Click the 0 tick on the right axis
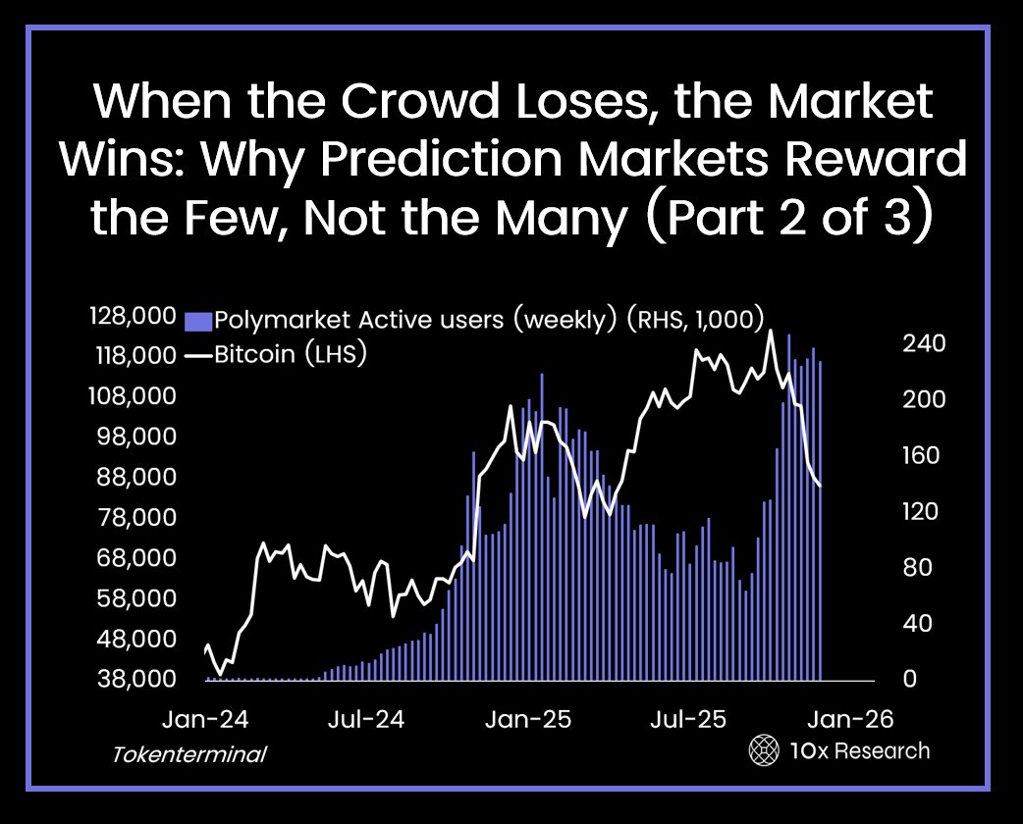(909, 679)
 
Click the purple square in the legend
(198, 320)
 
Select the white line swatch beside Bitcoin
(198, 355)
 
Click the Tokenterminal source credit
(189, 755)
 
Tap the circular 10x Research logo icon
(764, 751)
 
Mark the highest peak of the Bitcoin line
(771, 331)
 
